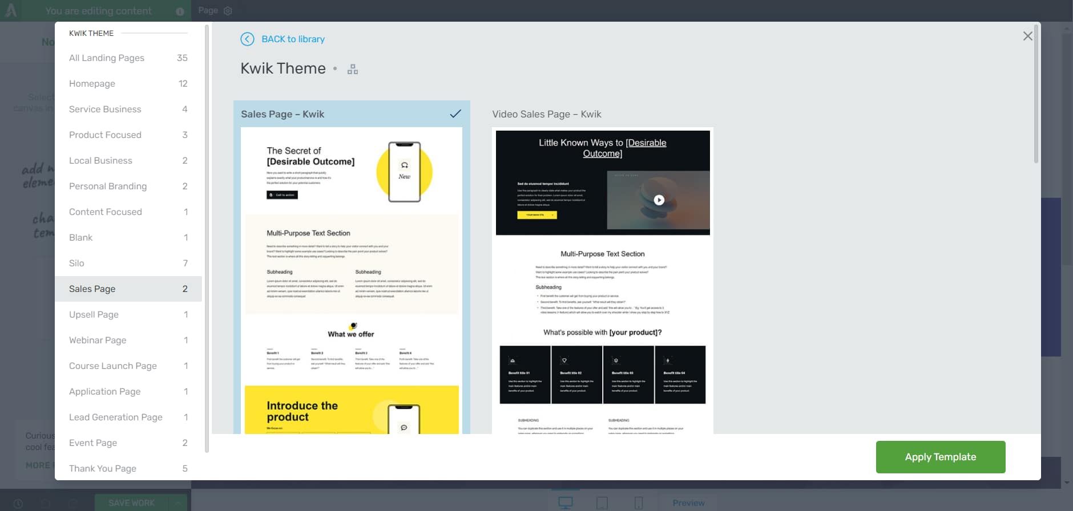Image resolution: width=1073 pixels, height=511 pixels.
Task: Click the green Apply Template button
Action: [x=940, y=457]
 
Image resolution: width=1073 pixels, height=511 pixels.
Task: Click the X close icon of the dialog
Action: [x=1027, y=36]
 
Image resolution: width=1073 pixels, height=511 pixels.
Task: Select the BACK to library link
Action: [x=293, y=39]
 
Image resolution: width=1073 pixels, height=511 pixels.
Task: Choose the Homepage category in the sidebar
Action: [x=92, y=83]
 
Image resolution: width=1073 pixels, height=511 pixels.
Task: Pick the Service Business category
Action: [x=105, y=109]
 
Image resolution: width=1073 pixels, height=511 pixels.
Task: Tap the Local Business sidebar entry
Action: [x=100, y=160]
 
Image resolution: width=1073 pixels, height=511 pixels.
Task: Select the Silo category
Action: [x=76, y=263]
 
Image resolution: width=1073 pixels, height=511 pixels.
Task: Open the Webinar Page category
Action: [x=98, y=340]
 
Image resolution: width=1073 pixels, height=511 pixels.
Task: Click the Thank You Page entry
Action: [x=103, y=468]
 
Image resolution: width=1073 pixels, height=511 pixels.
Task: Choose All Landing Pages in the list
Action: [x=107, y=58]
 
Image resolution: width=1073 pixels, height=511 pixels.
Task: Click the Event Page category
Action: [x=93, y=443]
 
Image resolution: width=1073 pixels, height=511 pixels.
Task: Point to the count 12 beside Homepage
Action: [x=183, y=83]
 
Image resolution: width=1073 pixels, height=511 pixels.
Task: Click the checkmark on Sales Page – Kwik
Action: [x=455, y=113]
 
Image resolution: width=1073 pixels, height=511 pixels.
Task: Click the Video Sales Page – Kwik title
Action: [x=546, y=114]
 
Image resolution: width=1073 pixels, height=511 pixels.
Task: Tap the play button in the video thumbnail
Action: [x=659, y=200]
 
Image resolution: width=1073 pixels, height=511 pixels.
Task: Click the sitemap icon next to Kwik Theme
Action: [x=353, y=70]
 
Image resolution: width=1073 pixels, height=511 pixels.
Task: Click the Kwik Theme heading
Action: [x=283, y=68]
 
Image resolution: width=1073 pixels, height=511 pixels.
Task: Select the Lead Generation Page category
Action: [x=116, y=417]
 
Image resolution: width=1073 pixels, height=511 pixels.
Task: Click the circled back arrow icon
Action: [x=247, y=39]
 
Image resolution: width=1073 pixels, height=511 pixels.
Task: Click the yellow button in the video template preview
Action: [x=536, y=215]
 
